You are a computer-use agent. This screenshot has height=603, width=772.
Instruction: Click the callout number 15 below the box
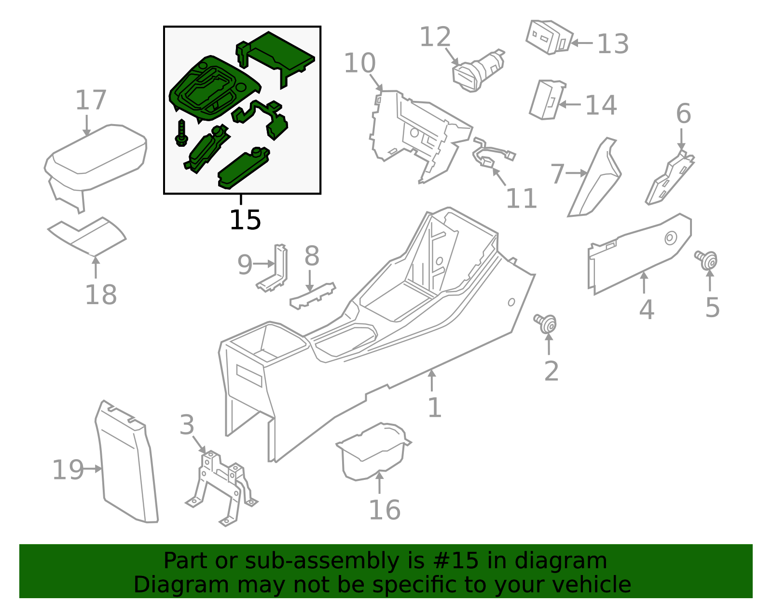coord(245,220)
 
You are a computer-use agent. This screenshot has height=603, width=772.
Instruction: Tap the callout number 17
coord(91,100)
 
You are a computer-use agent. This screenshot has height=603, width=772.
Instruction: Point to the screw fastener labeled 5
coord(707,260)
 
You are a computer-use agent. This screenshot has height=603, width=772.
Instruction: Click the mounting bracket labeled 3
coord(222,488)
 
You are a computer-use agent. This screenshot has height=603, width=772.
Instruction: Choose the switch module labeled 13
coord(549,37)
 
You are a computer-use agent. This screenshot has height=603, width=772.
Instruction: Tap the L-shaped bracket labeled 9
coord(275,270)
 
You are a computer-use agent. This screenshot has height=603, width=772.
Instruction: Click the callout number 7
coord(557,174)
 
